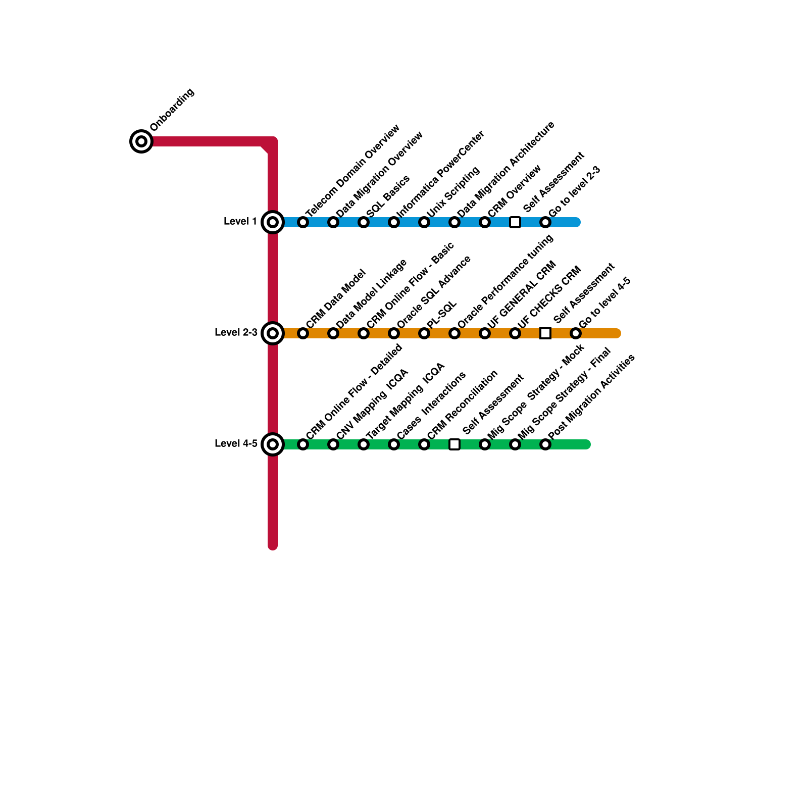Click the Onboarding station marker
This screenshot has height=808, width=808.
point(141,141)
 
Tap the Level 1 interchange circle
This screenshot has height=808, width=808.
point(273,222)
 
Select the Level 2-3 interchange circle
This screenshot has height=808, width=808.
point(273,333)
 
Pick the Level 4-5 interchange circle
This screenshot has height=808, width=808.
point(273,444)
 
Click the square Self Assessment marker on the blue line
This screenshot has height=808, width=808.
point(515,222)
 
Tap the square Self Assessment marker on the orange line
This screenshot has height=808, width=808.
point(545,333)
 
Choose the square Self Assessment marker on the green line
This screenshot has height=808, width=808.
point(454,444)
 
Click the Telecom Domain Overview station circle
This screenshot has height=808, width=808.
point(303,222)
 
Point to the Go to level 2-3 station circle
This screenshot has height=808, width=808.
point(545,222)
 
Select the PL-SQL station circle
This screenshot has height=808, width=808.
point(424,333)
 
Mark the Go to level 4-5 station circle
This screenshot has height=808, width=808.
point(576,333)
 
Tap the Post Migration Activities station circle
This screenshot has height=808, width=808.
point(545,444)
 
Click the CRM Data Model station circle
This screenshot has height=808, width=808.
point(303,333)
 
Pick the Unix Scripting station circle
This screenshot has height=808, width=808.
point(424,222)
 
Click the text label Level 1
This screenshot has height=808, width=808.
point(240,222)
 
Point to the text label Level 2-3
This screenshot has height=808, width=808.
point(236,333)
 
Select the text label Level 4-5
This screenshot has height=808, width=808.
point(236,444)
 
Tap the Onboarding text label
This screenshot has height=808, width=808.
point(172,110)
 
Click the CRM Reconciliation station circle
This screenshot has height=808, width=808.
point(424,444)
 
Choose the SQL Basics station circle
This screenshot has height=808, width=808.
point(364,222)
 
